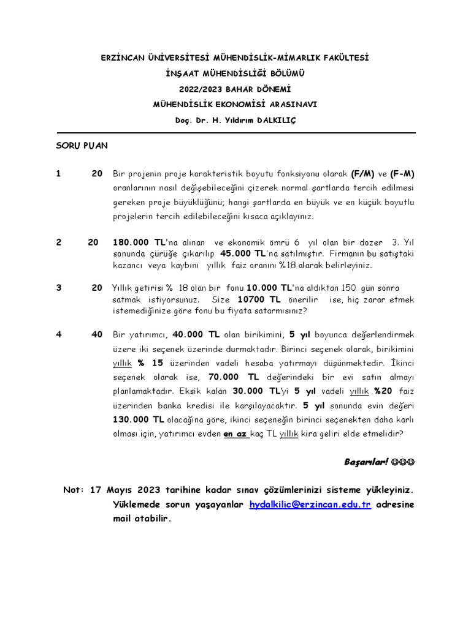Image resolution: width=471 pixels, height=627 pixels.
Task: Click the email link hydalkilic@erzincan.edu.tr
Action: tap(310, 505)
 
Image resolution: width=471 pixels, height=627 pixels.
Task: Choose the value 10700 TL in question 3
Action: tap(258, 299)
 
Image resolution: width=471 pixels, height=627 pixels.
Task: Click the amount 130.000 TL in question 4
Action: tap(138, 419)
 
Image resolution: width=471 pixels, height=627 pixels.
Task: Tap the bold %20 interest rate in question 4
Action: tap(385, 391)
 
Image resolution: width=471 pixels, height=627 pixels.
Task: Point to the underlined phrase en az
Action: tap(235, 434)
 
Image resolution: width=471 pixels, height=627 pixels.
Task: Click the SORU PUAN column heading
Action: tap(82, 146)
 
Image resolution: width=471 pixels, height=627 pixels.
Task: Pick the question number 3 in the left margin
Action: tap(59, 288)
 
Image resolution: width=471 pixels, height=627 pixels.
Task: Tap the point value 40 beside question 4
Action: tap(97, 334)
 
